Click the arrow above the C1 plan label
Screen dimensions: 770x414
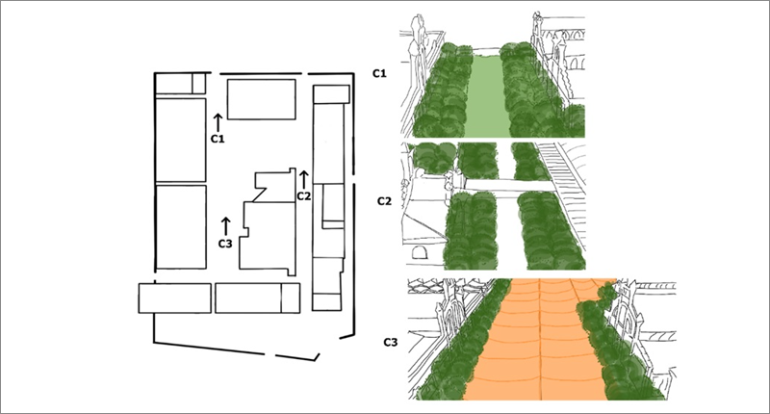tap(218, 122)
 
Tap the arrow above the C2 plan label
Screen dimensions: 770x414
tap(303, 180)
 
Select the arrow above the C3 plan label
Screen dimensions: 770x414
tap(225, 226)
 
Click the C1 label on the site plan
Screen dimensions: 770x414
tap(218, 139)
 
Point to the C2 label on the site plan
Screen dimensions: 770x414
tap(304, 196)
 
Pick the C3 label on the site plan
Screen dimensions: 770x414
tap(225, 243)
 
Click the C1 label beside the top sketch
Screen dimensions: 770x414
tap(379, 74)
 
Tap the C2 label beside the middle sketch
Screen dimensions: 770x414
tap(384, 201)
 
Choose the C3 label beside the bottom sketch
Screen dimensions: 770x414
tap(391, 342)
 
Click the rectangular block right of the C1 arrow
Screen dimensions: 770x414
tap(261, 99)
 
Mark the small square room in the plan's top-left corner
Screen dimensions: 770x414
tap(198, 83)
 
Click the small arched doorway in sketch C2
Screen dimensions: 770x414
tap(419, 253)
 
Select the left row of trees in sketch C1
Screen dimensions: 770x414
tap(442, 93)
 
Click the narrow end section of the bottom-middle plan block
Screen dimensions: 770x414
tap(291, 298)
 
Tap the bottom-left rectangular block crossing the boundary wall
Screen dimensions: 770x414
tap(175, 298)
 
